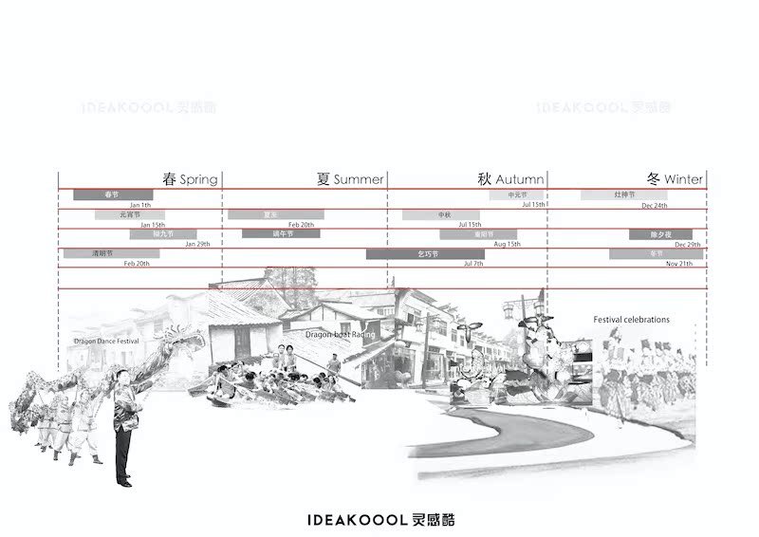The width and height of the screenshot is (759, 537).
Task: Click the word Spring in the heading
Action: pos(198,179)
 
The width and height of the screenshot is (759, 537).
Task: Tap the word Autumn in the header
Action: pos(520,179)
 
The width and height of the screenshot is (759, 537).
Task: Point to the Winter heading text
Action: pos(683,179)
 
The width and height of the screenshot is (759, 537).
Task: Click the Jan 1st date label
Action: pos(140,205)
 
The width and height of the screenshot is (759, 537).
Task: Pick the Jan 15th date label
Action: pos(152,225)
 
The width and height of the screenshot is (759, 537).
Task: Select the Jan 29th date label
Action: pos(197,244)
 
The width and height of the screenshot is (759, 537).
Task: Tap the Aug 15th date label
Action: pos(508,244)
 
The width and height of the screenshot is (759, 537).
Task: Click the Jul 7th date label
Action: pos(473,263)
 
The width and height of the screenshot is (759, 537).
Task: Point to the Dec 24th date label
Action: pos(654,205)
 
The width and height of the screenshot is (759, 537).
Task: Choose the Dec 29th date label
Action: pos(688,244)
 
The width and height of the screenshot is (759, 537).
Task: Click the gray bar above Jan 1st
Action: pos(113,194)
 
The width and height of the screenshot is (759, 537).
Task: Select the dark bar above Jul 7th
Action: pos(424,253)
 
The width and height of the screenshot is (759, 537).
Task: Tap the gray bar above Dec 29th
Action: pos(655,233)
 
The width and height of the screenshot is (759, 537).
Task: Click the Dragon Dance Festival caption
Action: pos(106,341)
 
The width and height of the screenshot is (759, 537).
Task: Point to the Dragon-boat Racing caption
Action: pos(341,335)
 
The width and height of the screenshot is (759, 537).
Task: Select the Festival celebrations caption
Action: pos(631,320)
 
